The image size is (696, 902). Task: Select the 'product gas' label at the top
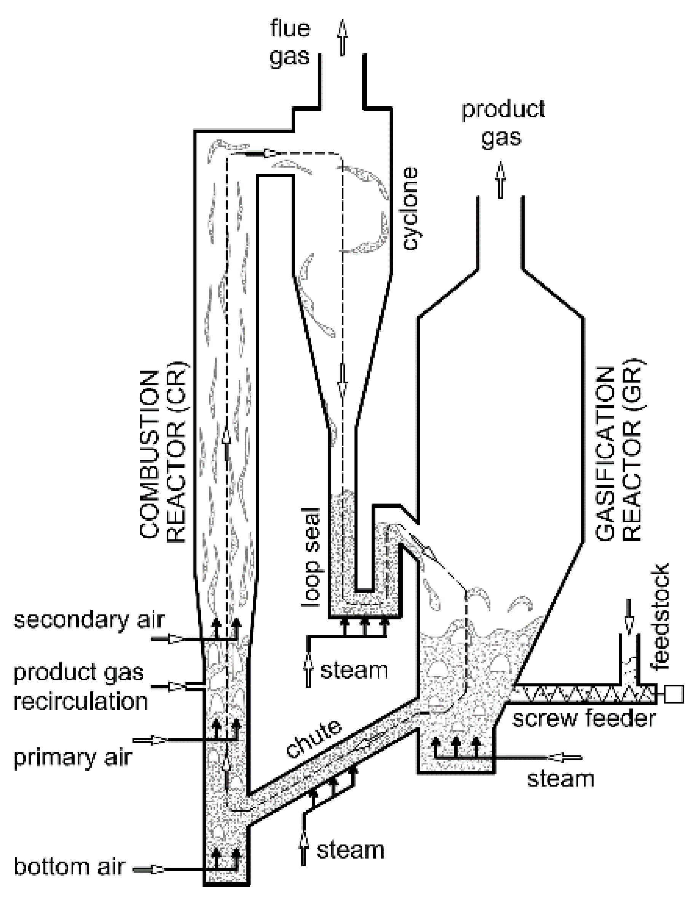pyautogui.click(x=503, y=123)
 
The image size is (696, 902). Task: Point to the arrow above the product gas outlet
pyautogui.click(x=501, y=180)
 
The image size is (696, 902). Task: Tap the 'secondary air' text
pyautogui.click(x=89, y=620)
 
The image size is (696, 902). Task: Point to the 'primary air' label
pyautogui.click(x=73, y=757)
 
